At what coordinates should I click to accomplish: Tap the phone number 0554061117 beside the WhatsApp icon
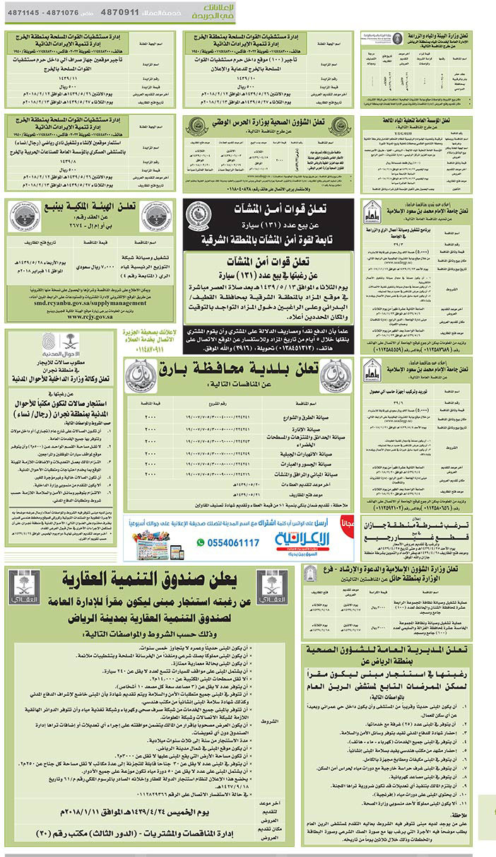pyautogui.click(x=234, y=542)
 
